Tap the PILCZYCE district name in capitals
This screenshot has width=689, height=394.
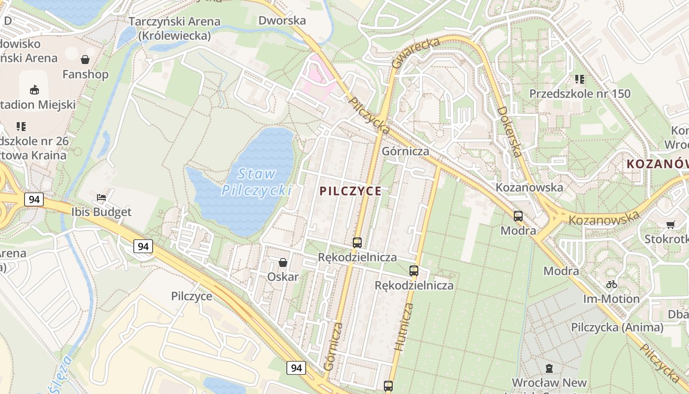point(350,191)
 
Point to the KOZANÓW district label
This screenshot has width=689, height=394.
point(658,164)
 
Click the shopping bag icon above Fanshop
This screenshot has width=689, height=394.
point(85,60)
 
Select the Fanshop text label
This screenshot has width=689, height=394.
point(85,74)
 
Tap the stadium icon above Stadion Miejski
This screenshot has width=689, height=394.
point(34,90)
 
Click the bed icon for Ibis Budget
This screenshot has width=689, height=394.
point(101,197)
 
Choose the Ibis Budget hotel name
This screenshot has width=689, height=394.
point(101,212)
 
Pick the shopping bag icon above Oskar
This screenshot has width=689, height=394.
point(283,263)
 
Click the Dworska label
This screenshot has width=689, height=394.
point(282,20)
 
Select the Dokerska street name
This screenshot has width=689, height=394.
point(509,131)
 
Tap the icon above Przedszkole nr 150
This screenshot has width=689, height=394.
point(579,79)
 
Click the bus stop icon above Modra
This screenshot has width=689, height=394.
point(518,216)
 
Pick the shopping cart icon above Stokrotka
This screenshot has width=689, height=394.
point(670,225)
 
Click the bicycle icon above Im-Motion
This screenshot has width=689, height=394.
point(612,284)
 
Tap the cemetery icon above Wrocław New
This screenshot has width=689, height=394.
point(549,368)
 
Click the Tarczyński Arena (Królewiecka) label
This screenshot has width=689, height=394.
point(174,29)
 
